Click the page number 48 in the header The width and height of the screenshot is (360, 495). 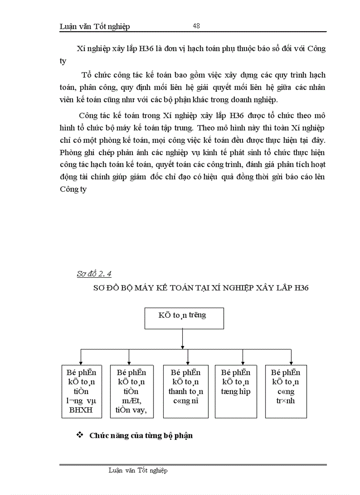(x=196, y=26)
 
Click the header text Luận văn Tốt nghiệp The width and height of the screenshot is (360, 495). (x=94, y=27)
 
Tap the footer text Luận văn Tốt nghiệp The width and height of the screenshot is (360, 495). (x=138, y=470)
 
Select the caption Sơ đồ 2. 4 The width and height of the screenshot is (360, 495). (x=94, y=274)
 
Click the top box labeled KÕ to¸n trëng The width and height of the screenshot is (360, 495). (x=184, y=318)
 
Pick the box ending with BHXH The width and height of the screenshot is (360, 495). (x=82, y=391)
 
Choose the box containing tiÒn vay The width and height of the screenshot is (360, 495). (x=131, y=391)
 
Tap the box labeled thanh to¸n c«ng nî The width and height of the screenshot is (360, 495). (x=186, y=391)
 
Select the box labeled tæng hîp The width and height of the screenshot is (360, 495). (x=236, y=391)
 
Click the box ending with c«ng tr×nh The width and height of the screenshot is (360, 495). (x=285, y=391)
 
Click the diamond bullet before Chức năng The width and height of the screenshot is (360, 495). (x=80, y=435)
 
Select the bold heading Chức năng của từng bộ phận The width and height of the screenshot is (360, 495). (x=141, y=436)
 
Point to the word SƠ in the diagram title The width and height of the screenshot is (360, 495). (x=99, y=288)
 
